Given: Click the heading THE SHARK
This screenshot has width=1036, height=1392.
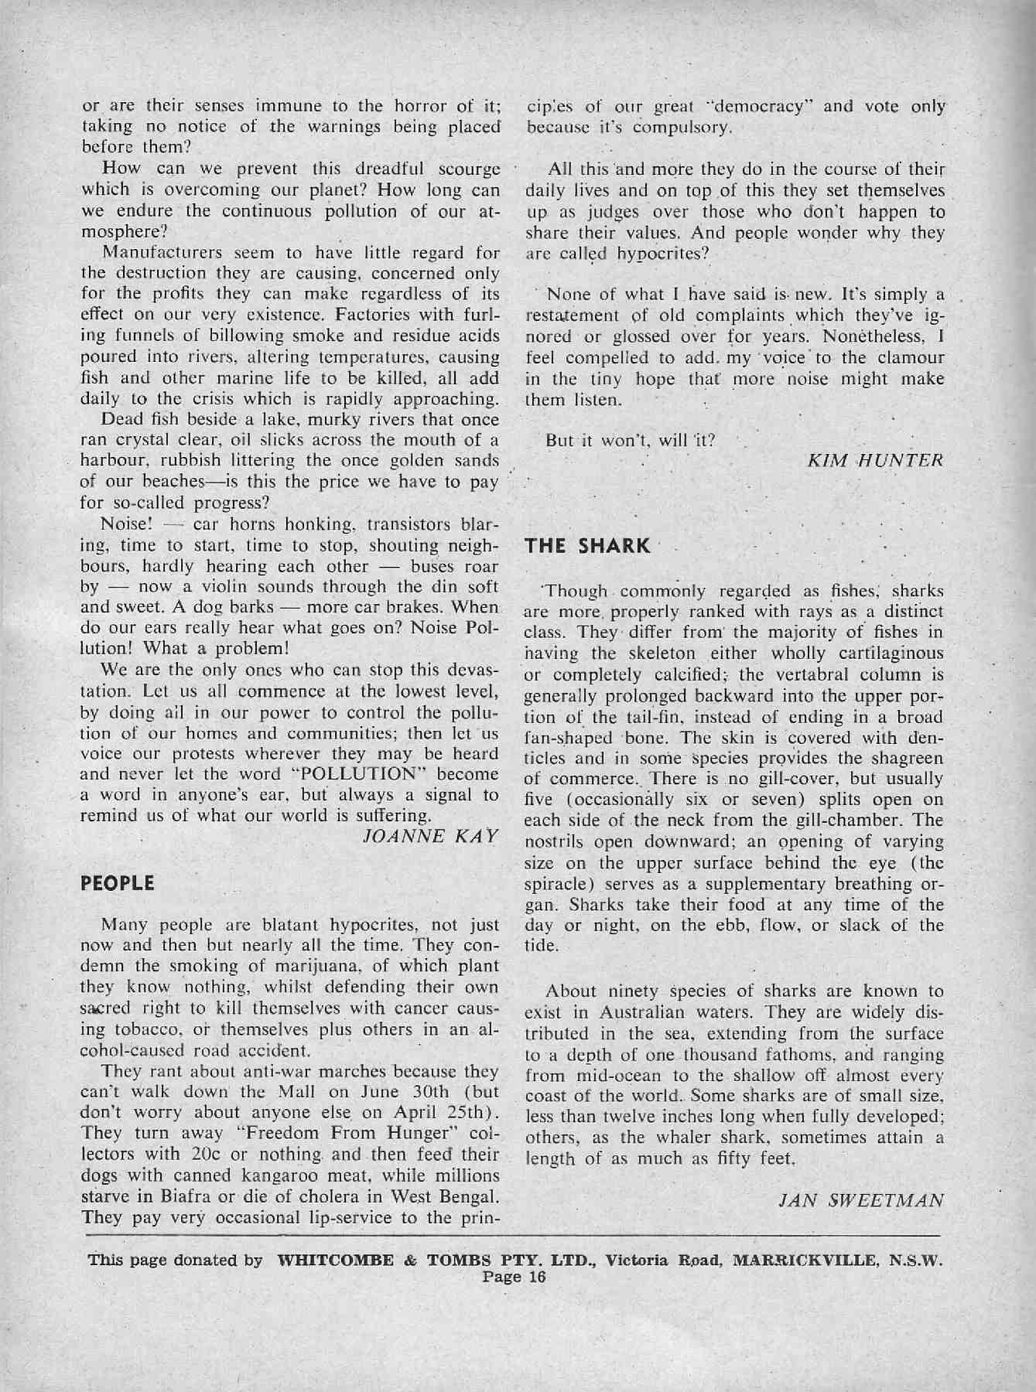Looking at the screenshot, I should click(587, 545).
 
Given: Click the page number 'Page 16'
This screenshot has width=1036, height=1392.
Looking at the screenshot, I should click(515, 1278).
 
